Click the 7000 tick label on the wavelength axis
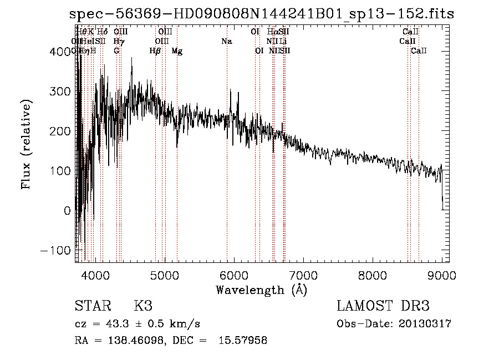pyautogui.click(x=302, y=275)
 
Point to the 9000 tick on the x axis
pyautogui.click(x=442, y=275)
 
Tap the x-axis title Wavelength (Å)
pyautogui.click(x=261, y=290)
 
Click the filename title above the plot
pyautogui.click(x=261, y=14)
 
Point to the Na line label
pyautogui.click(x=226, y=42)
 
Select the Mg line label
pyautogui.click(x=177, y=51)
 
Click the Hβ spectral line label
pyautogui.click(x=155, y=51)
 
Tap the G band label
pyautogui.click(x=116, y=51)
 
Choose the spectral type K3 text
pyautogui.click(x=142, y=306)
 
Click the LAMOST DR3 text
pyautogui.click(x=383, y=306)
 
